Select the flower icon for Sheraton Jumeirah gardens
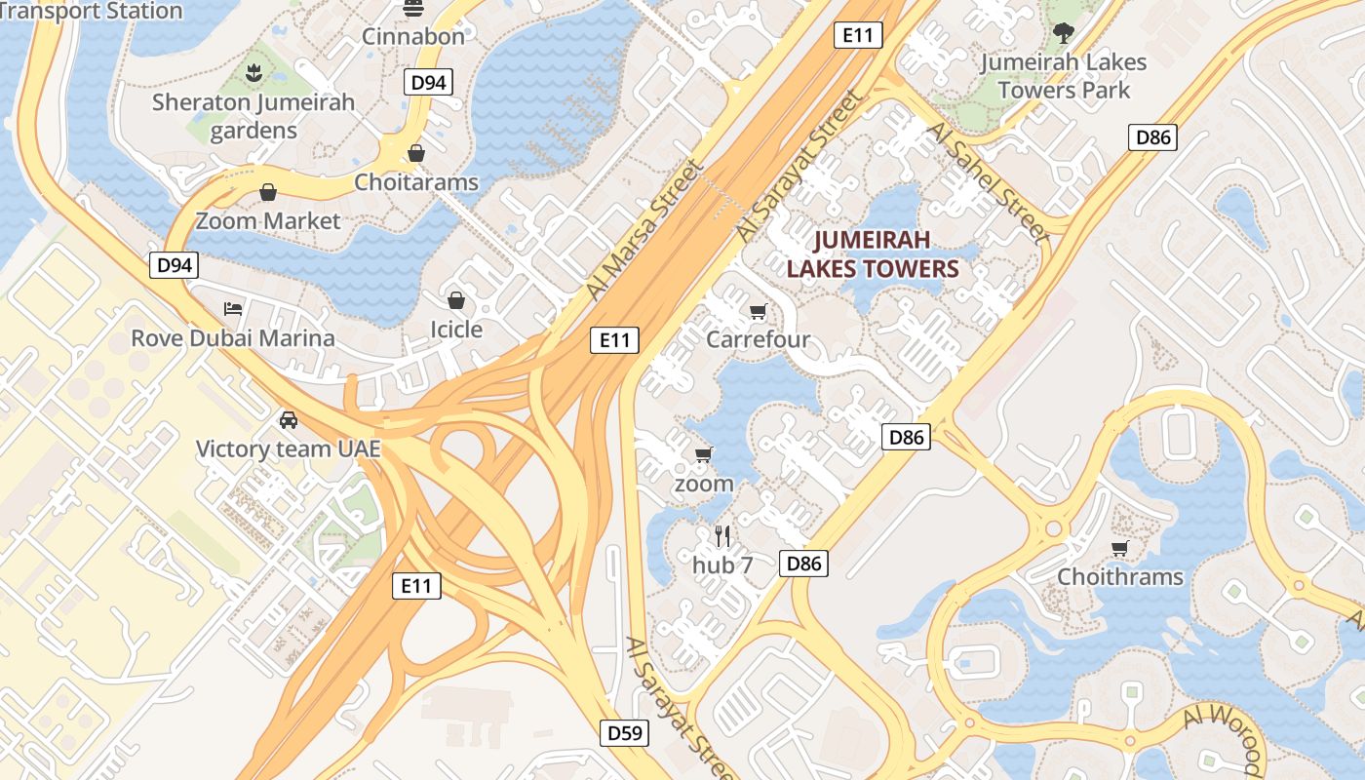253,71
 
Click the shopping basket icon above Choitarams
416,153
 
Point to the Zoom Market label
268,220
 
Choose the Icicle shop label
456,329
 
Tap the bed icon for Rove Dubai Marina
233,309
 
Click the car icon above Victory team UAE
289,420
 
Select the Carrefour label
758,339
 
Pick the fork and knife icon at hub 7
722,535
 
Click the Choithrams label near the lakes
1120,576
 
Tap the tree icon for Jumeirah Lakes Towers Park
1063,33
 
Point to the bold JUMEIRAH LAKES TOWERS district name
873,253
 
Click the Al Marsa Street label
644,230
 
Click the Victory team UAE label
288,449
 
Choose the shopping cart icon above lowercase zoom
703,454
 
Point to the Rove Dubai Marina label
233,338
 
